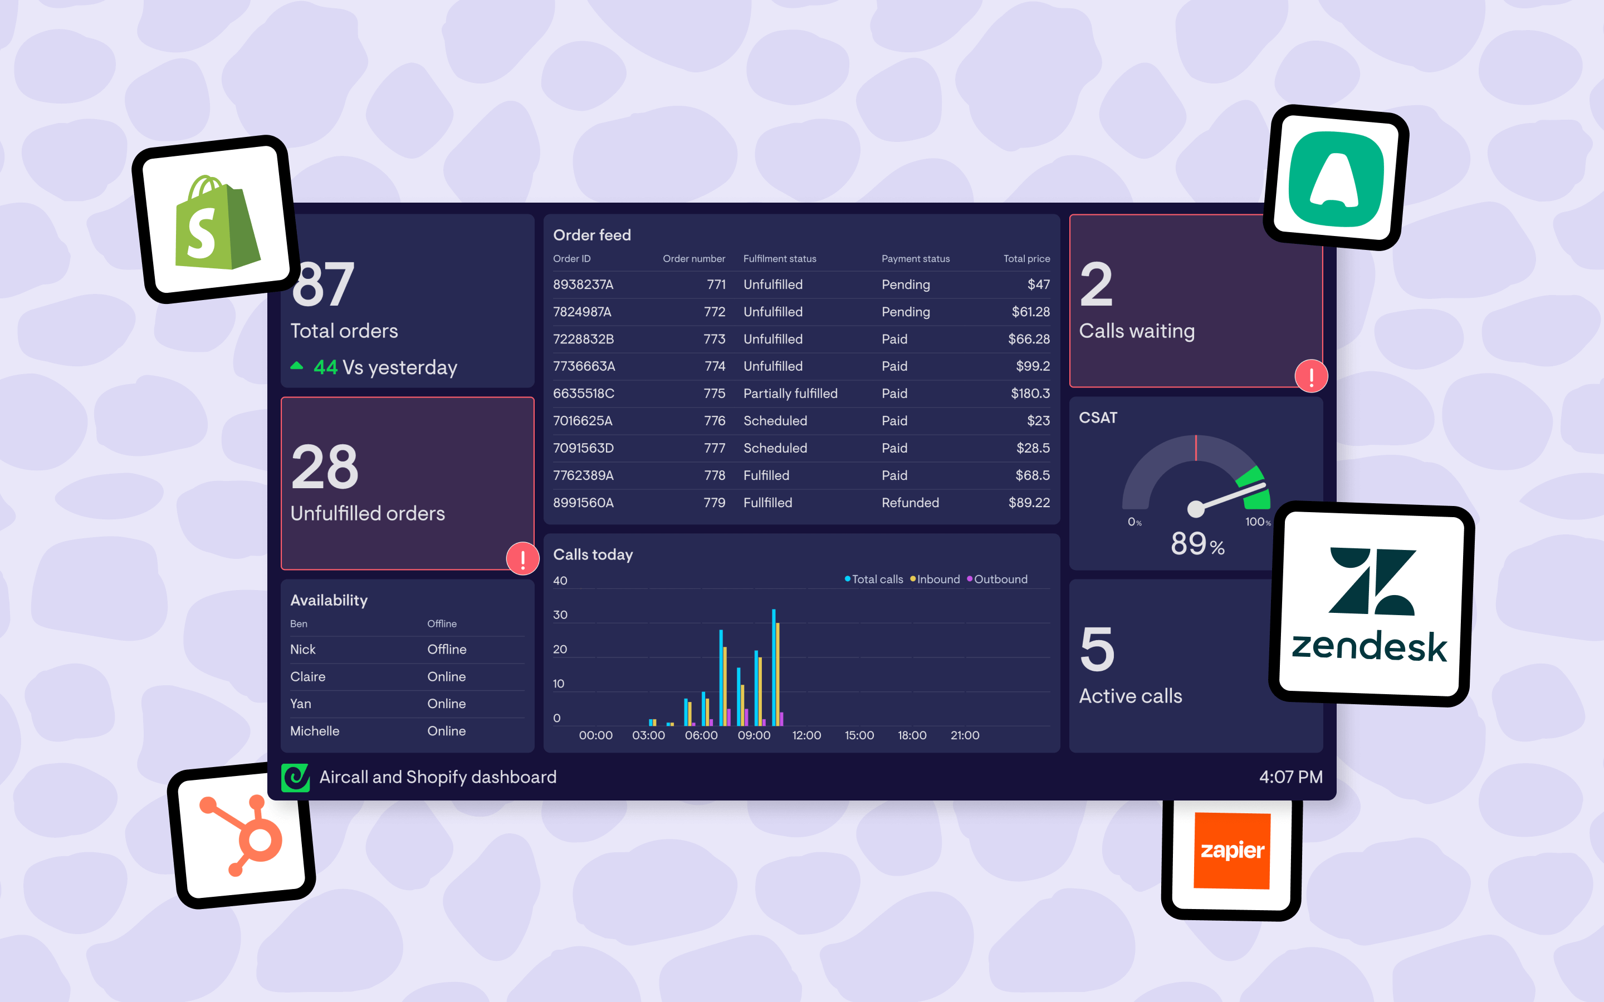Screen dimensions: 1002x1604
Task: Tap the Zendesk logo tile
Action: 1371,605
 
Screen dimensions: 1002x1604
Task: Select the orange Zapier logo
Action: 1231,850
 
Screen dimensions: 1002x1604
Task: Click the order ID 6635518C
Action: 583,394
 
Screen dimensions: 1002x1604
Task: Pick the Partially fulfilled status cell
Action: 790,394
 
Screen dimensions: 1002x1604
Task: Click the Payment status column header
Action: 916,259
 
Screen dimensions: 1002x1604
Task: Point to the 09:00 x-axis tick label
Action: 754,735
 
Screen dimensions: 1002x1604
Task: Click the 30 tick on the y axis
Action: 560,615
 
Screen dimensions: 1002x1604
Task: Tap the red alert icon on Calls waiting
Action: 1310,376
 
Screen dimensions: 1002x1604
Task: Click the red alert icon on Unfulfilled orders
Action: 522,559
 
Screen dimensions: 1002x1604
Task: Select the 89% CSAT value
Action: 1196,544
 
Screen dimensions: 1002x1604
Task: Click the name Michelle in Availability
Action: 315,731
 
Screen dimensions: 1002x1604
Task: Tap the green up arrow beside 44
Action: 297,366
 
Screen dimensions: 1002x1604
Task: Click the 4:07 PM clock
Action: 1290,777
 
